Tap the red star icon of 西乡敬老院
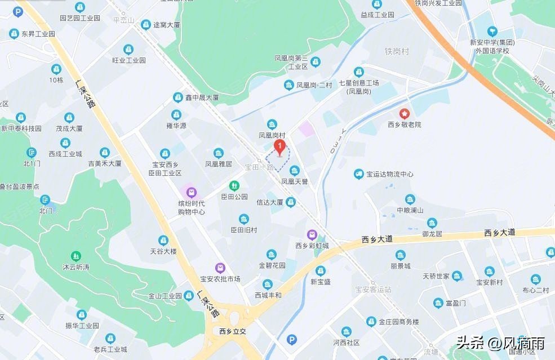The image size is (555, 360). point(405,113)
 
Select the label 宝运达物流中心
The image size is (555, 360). point(390,174)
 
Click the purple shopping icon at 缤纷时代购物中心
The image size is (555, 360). point(192,192)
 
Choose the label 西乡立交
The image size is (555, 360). point(233,331)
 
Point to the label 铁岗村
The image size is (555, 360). point(397,52)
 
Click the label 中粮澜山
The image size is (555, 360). point(410,210)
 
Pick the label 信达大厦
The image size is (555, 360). point(269,202)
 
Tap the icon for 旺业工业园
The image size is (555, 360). point(129,49)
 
